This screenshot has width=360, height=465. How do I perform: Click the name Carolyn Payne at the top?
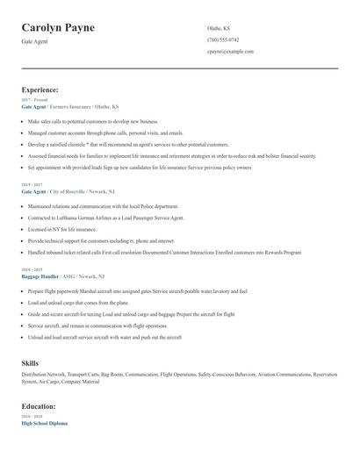58,28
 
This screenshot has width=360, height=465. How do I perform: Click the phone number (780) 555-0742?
222,39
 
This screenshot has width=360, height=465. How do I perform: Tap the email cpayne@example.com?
230,51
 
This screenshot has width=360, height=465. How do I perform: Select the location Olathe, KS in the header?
220,28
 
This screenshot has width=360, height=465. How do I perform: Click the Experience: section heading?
40,89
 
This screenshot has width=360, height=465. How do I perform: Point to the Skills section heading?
30,361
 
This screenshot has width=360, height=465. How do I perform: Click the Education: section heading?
39,406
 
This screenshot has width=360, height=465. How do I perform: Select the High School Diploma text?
44,423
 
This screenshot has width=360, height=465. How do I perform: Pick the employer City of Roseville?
70,191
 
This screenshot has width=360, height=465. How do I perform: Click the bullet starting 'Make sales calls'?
92,122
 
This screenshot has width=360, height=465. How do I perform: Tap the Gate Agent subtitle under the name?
35,42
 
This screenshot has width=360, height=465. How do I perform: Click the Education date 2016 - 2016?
31,417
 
